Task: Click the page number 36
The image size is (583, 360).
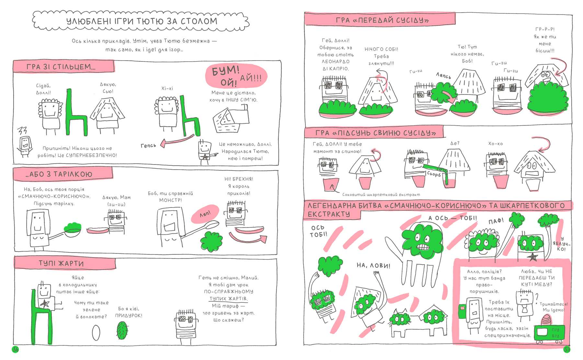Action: tap(15, 349)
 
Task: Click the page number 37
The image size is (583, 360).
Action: tap(567, 349)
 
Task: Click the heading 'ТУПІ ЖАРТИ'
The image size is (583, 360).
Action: tap(61, 264)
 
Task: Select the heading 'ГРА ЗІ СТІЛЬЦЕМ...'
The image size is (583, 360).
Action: tap(61, 67)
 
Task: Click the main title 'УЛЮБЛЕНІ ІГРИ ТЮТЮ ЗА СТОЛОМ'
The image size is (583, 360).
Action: tap(142, 21)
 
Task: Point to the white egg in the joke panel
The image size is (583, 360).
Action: tap(96, 332)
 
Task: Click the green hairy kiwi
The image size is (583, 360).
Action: tap(122, 330)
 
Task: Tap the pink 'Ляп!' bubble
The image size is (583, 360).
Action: tap(205, 214)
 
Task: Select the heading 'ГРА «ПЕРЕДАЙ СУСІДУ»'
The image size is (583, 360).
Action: tap(382, 20)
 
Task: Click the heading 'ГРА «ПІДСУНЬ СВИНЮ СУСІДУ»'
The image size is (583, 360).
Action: tap(375, 133)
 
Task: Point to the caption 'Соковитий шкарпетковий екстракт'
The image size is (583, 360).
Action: tap(381, 195)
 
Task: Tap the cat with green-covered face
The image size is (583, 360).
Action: tap(401, 324)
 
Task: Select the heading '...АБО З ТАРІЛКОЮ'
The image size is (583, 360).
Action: tap(59, 174)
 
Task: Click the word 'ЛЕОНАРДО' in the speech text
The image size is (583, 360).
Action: tap(336, 62)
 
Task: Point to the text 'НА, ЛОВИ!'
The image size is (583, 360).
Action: tap(373, 265)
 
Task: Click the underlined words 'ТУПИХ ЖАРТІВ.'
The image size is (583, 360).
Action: tap(228, 298)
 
